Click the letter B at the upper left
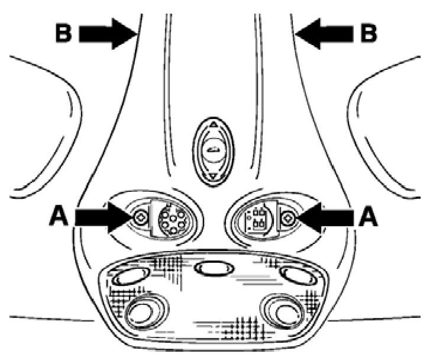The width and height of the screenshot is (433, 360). pos(63,33)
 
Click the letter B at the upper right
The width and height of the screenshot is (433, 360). pos(369,33)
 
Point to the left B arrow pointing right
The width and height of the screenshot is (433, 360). pos(106,33)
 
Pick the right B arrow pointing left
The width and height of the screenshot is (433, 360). pos(326,33)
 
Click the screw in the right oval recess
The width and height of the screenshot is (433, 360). pos(288,218)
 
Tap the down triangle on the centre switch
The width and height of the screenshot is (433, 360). pos(212,176)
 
